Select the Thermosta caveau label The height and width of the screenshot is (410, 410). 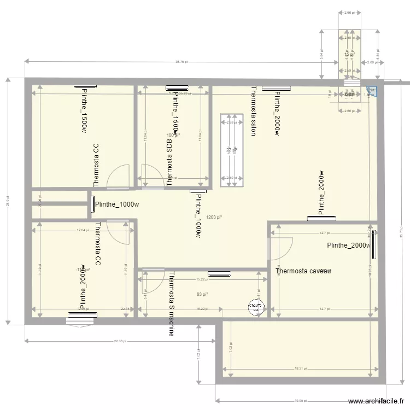(303, 271)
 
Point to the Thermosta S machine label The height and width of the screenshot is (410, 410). (172, 303)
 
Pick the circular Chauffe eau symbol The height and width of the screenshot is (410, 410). (255, 308)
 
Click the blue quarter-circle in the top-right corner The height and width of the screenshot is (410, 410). (372, 93)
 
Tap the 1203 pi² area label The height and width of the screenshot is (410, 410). (215, 217)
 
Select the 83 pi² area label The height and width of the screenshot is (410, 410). (202, 295)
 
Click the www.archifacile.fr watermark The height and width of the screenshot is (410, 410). (376, 401)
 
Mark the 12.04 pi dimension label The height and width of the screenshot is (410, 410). (83, 231)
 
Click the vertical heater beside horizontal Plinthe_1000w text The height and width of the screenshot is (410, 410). (92, 204)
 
